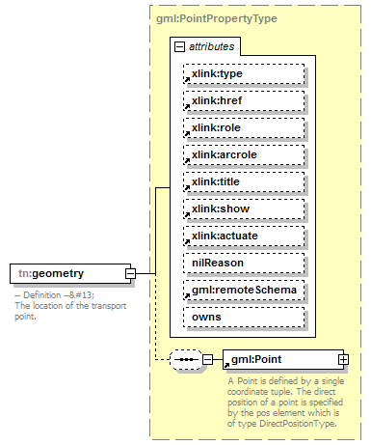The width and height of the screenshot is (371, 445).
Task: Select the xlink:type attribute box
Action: coord(245,74)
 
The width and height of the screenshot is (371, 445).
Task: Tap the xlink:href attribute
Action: coord(245,101)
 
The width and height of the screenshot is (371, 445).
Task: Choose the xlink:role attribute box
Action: coord(245,128)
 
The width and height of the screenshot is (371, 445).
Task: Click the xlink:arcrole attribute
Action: coord(245,154)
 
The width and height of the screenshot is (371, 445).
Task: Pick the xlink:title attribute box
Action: coord(245,181)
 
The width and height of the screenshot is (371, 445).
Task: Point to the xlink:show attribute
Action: coord(245,209)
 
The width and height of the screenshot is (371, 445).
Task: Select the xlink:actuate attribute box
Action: coord(245,236)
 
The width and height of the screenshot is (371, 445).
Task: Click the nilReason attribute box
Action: coord(245,262)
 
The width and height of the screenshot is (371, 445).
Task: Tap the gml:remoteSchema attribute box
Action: coord(245,289)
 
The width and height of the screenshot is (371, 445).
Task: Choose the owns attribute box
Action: coord(245,316)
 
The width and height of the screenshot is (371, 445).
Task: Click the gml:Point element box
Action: coord(278,360)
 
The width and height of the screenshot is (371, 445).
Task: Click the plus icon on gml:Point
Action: coord(342,360)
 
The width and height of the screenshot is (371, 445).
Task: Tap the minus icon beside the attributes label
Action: coord(179,46)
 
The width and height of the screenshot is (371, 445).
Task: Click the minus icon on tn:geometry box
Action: coord(129,274)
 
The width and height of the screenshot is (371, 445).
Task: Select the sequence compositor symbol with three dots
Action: coord(184,360)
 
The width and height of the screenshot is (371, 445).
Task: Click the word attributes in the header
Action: coord(211,46)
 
